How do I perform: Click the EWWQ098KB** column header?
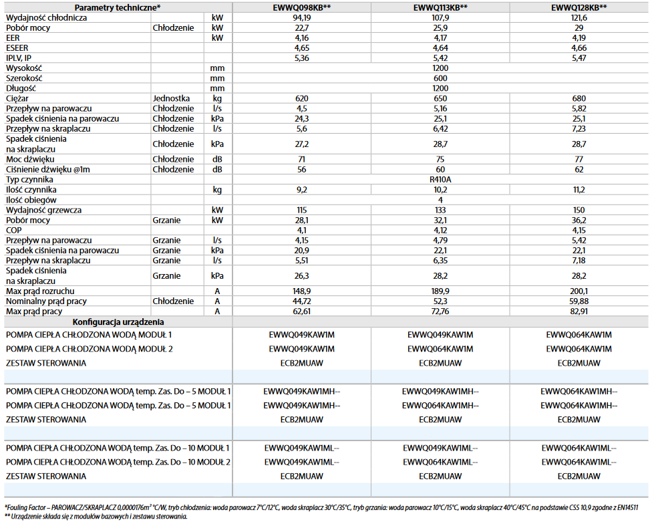coord(302,7)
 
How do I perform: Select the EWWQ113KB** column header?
coord(440,7)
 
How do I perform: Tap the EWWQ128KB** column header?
coord(579,7)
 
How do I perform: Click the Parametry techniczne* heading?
coord(117,7)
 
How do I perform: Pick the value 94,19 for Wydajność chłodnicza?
coord(302,17)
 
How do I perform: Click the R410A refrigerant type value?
coord(440,180)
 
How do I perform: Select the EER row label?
coord(13,38)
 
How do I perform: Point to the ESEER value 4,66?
coord(579,48)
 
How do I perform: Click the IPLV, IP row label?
coord(18,58)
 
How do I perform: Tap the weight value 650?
coord(440,98)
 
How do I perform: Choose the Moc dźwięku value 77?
coord(579,159)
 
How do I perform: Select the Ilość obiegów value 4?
coord(440,200)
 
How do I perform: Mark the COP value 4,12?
coord(440,230)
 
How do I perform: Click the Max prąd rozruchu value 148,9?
coord(302,291)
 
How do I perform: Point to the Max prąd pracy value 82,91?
coord(579,311)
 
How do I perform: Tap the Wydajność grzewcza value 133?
coord(440,210)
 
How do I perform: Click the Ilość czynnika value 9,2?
coord(302,190)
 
